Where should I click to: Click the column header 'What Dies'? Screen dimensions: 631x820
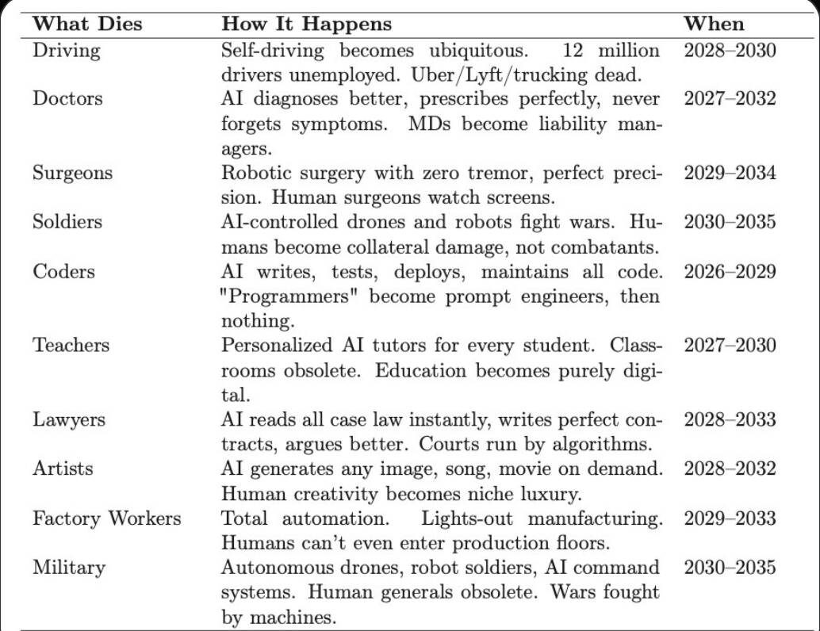point(87,24)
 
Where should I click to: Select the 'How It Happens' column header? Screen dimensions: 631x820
point(306,24)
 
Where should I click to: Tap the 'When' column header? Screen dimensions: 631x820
point(714,23)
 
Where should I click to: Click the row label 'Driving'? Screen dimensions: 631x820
point(67,52)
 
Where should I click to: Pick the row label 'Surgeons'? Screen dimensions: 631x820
point(72,174)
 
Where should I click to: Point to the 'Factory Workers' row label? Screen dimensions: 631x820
point(106,518)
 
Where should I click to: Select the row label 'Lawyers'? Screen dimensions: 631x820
point(68,419)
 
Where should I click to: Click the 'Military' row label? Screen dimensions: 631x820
point(68,568)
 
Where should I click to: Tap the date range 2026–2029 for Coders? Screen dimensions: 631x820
point(730,271)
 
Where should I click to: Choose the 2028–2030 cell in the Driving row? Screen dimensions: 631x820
point(730,52)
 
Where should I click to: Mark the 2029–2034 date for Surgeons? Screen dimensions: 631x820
point(730,173)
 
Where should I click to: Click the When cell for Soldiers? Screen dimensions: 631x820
point(730,221)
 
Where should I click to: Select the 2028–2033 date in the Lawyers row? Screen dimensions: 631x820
point(730,419)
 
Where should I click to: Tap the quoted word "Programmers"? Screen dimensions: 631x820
point(292,296)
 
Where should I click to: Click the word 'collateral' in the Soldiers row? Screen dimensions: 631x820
point(422,247)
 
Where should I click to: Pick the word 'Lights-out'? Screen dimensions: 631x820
point(467,518)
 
